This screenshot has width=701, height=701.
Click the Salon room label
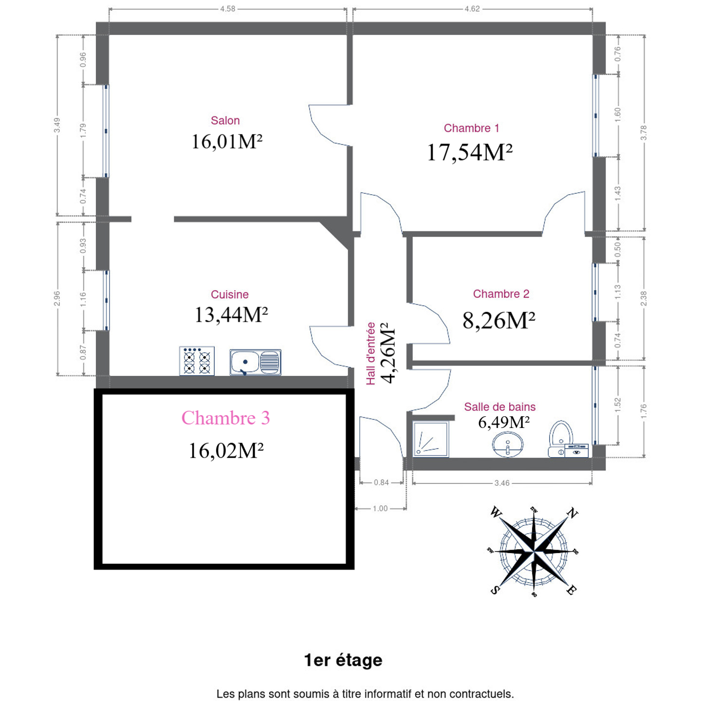click(x=225, y=120)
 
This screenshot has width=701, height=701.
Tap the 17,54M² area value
click(x=470, y=152)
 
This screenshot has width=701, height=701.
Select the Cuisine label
click(x=230, y=295)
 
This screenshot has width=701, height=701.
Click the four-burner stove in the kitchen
click(x=197, y=361)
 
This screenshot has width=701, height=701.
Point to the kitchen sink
click(x=256, y=362)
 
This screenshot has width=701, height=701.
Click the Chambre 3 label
click(x=225, y=418)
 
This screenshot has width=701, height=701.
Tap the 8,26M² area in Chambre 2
click(x=499, y=320)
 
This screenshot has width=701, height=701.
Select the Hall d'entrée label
click(x=370, y=353)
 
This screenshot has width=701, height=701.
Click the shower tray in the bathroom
click(x=431, y=439)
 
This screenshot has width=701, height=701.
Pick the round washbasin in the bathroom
click(x=508, y=444)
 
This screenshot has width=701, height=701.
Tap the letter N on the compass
click(x=572, y=513)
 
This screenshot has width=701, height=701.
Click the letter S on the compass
click(x=495, y=590)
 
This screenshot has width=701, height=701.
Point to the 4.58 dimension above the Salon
click(x=228, y=9)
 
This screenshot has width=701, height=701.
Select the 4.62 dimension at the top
click(x=472, y=9)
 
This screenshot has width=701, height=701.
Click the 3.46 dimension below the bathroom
click(x=502, y=483)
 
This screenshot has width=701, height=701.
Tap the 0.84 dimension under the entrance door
click(x=382, y=482)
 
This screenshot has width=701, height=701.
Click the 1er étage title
click(x=343, y=660)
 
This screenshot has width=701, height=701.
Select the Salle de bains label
click(x=500, y=406)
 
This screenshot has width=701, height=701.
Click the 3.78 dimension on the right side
click(x=644, y=133)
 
